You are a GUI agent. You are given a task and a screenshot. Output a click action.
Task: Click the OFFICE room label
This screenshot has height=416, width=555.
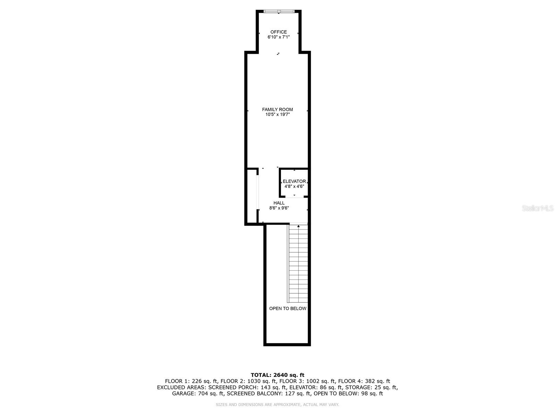click(279, 32)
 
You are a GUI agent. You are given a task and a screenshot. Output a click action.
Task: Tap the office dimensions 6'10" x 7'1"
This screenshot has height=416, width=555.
click(279, 37)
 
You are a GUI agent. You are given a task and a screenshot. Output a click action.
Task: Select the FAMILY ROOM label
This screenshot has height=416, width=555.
click(277, 110)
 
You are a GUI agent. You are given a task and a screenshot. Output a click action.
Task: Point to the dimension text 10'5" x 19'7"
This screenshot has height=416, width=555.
click(277, 114)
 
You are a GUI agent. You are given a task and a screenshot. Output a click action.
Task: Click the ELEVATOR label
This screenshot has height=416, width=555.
click(294, 181)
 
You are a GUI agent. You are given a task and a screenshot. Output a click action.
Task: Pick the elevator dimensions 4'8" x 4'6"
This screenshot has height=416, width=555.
click(294, 186)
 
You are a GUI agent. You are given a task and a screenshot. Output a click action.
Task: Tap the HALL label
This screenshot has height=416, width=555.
click(279, 203)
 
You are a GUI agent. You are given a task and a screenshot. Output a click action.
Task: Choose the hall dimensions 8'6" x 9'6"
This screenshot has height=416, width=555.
click(279, 208)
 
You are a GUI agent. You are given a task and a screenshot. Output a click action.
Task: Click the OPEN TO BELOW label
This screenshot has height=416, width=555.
click(288, 309)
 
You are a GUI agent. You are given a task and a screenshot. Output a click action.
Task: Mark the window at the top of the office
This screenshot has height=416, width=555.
click(279, 11)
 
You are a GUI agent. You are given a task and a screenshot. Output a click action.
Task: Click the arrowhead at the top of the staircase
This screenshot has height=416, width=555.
click(298, 226)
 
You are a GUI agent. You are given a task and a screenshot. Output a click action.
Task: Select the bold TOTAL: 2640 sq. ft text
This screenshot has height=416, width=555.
click(277, 375)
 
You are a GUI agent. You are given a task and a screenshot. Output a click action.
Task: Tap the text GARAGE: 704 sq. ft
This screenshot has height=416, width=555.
click(198, 393)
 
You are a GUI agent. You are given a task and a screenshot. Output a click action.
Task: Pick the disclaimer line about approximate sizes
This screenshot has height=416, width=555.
click(277, 405)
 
